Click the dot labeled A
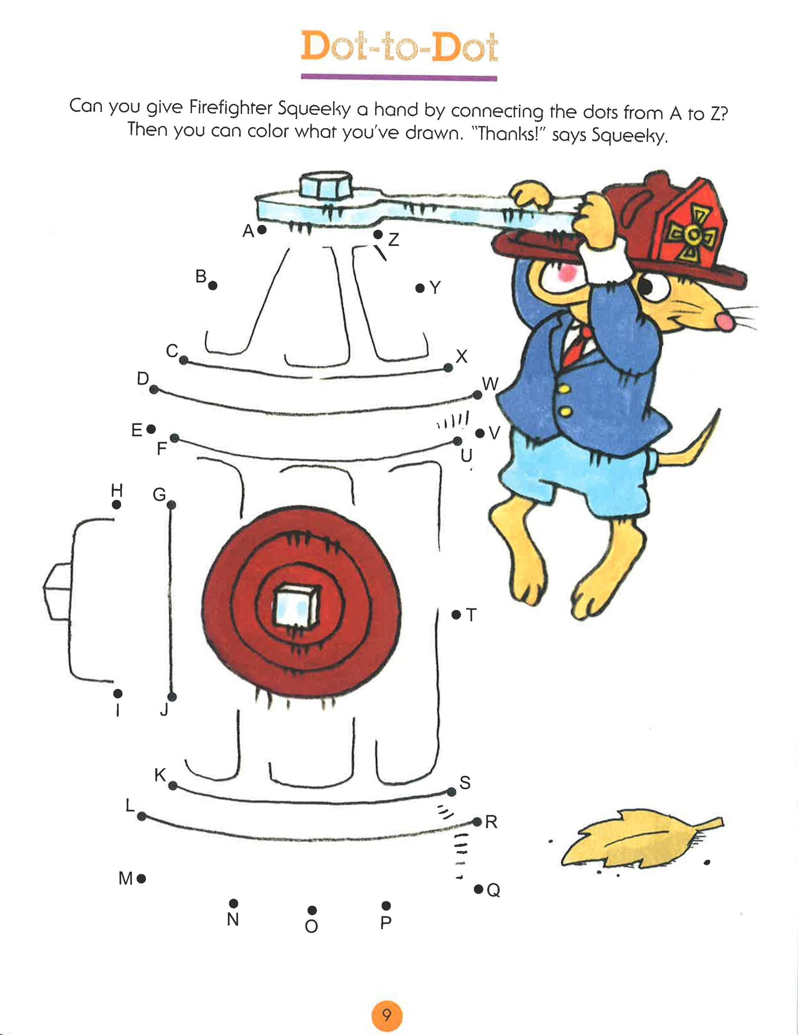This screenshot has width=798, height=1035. coord(262,230)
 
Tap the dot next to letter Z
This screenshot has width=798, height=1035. coord(378,234)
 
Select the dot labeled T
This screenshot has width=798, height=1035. coord(456,614)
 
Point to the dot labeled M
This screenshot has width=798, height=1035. coord(141,879)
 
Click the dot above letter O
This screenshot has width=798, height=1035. coord(312,910)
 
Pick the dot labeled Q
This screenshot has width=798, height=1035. coord(478,889)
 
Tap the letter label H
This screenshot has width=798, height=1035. coord(117,490)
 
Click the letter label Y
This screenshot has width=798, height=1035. coord(435,288)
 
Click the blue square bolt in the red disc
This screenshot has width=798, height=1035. coord(296,606)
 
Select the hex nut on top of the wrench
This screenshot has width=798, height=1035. coord(326,186)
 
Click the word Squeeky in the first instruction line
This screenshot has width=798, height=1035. coord(314,108)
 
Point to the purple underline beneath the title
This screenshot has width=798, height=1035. coord(399,78)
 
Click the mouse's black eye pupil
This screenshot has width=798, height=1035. coord(645,287)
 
